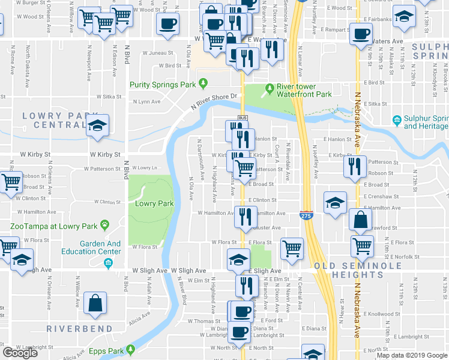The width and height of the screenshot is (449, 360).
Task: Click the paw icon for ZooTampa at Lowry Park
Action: tap(105, 226)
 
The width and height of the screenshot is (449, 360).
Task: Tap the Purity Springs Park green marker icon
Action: tap(203, 83)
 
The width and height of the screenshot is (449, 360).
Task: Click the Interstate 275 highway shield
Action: tap(306, 214)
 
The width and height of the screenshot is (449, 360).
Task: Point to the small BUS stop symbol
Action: tap(243, 118)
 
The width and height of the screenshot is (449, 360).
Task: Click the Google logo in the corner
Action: tap(20, 353)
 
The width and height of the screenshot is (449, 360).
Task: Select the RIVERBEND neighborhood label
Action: tap(79, 329)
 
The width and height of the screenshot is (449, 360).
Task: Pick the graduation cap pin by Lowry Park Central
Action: tap(97, 125)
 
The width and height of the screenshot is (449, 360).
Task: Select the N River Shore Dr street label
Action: tap(215, 100)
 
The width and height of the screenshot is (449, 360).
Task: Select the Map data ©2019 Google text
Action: tap(412, 355)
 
